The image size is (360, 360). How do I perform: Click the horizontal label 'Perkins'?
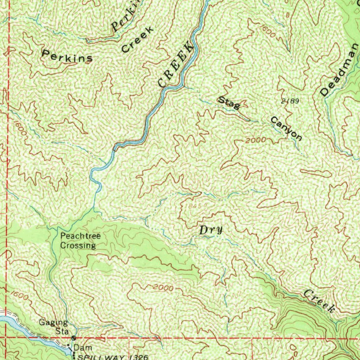[x=67, y=56]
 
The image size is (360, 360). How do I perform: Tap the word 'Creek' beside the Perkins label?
[x=137, y=39]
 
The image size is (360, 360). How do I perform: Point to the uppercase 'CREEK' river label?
[x=176, y=64]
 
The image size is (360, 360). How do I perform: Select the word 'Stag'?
[x=229, y=102]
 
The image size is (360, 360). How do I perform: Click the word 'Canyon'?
[x=286, y=128]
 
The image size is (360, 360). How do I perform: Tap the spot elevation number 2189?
[x=290, y=101]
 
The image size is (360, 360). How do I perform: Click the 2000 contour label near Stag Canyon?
[x=256, y=140]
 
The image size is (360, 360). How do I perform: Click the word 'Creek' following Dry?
[x=319, y=301]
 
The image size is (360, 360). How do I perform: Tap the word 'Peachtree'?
[x=80, y=236]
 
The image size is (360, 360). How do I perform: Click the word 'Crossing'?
[x=78, y=245]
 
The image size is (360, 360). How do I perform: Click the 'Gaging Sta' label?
[x=53, y=327]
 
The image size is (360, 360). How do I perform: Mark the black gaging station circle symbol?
[x=73, y=338]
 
